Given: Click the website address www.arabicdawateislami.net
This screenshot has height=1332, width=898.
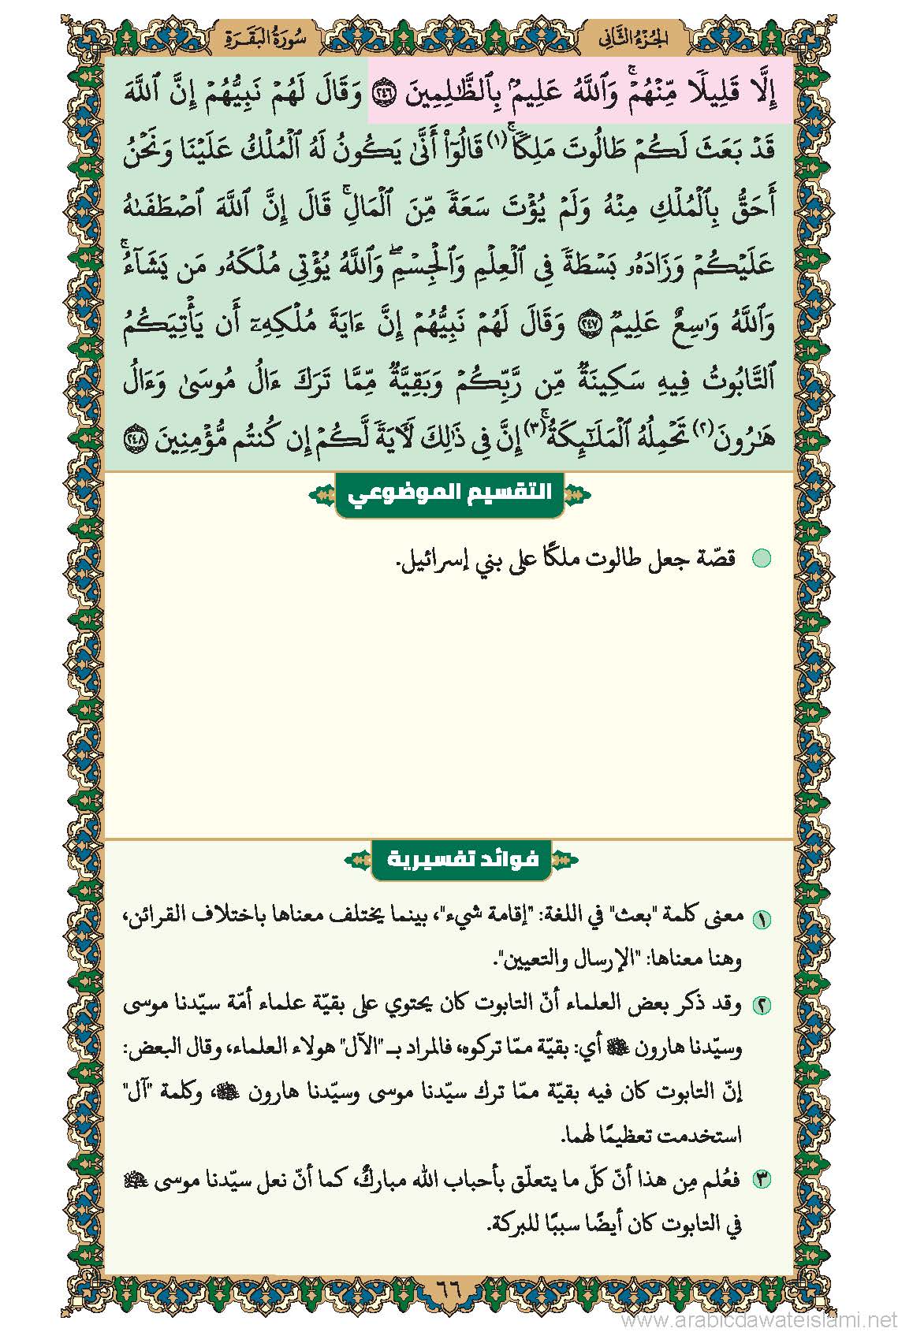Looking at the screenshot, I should pyautogui.click(x=758, y=1319).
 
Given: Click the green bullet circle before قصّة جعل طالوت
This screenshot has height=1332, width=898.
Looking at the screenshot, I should pyautogui.click(x=761, y=559).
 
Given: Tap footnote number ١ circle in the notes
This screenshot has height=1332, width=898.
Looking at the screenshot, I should pyautogui.click(x=762, y=919).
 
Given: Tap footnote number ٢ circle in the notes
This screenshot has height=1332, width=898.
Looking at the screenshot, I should pyautogui.click(x=762, y=1006).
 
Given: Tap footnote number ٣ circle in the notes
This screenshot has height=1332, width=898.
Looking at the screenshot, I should pyautogui.click(x=762, y=1180).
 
